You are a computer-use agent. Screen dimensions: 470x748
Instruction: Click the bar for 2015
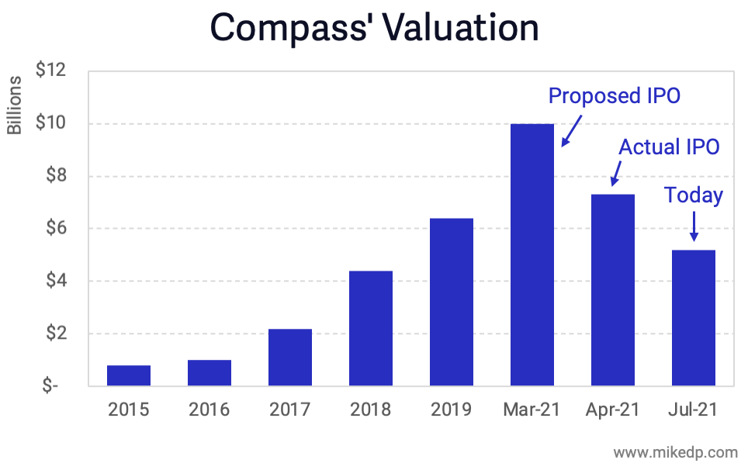tap(129, 376)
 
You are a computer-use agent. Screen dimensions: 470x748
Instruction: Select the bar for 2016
tap(210, 373)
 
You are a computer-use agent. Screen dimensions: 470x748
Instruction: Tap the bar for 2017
tap(290, 358)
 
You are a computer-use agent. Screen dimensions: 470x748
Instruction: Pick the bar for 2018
tap(371, 329)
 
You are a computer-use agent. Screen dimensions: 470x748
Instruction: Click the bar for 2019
tap(452, 302)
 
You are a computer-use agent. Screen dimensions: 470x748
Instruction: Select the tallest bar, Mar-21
tap(532, 255)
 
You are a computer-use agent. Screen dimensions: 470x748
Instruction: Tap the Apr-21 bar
tap(613, 290)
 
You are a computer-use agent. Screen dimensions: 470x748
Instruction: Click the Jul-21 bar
tap(694, 318)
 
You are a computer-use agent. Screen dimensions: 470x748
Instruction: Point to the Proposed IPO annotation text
tap(614, 96)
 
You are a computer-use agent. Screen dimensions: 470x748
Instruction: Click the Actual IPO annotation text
tap(669, 147)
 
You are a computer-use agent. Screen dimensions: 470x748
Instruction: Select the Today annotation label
tap(694, 195)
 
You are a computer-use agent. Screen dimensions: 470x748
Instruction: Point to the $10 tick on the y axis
tap(51, 123)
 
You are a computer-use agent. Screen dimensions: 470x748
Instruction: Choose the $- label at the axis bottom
tap(50, 386)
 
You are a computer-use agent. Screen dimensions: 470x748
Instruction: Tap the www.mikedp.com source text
tap(675, 451)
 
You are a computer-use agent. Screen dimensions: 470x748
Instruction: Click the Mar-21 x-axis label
tap(532, 410)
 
